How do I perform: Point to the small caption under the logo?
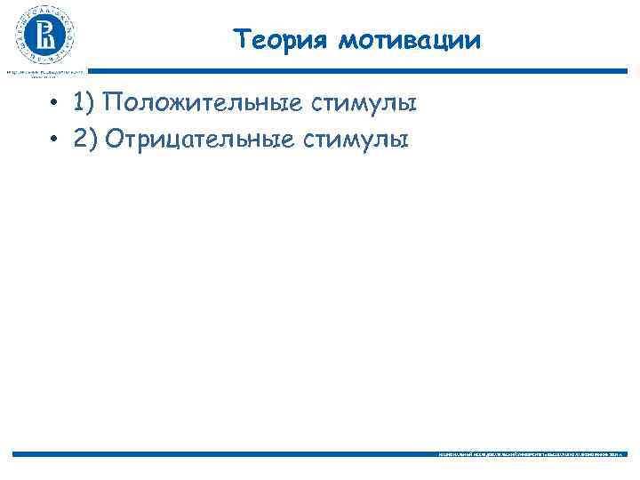44,73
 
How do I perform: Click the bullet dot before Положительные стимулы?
54,105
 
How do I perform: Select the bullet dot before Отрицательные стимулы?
54,140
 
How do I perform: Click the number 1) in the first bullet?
85,104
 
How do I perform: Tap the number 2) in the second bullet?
85,139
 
